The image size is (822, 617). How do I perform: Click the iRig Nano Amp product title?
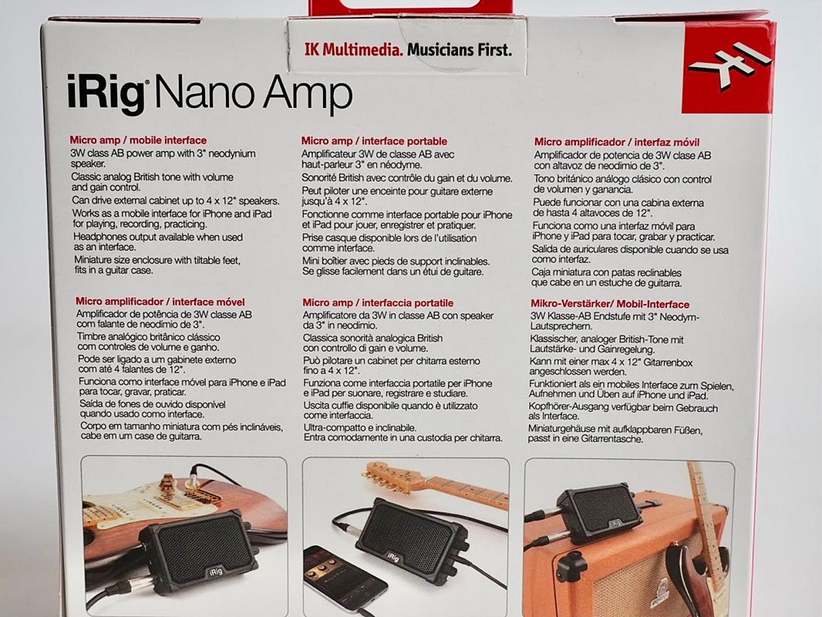[210, 93]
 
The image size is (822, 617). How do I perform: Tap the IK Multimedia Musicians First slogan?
[408, 50]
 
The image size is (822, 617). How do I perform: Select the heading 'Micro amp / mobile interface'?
[138, 140]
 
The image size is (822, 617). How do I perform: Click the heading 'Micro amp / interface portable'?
[374, 141]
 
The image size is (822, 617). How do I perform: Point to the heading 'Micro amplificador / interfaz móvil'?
[617, 142]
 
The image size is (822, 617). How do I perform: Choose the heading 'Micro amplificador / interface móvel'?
[160, 302]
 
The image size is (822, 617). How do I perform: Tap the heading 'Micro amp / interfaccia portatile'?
[378, 302]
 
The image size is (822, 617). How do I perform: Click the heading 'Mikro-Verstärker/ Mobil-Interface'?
[610, 304]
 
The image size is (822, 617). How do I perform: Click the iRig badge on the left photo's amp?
[215, 571]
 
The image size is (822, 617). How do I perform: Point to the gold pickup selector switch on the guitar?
[169, 481]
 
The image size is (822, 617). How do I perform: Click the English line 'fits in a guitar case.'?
[114, 271]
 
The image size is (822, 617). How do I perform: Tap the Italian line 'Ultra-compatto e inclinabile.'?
[359, 428]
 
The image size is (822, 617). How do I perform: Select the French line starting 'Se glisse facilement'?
[392, 271]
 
